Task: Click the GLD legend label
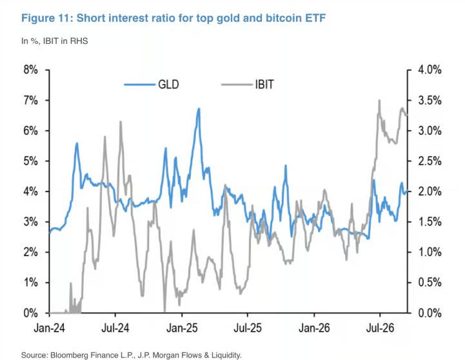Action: tap(168, 85)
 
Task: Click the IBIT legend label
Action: tap(264, 85)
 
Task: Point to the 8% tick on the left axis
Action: tap(47, 70)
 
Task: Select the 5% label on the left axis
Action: tap(30, 161)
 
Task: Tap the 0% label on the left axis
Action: tap(30, 313)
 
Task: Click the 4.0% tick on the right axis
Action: tap(410, 70)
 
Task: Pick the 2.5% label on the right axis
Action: tap(430, 161)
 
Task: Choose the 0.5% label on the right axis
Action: tap(430, 283)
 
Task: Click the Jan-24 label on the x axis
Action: tap(49, 328)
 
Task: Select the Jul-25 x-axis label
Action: tap(248, 328)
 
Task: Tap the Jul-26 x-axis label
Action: tap(380, 328)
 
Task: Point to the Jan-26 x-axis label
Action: tap(314, 328)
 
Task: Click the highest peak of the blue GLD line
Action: tap(199, 108)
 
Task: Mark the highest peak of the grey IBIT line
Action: tap(379, 100)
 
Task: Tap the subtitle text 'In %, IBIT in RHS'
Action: tap(55, 41)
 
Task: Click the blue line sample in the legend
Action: tap(140, 85)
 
